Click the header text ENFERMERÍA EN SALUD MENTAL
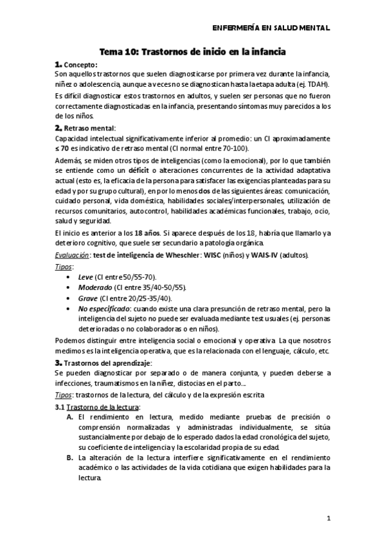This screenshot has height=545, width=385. tap(271, 28)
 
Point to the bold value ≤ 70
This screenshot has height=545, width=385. tap(64, 148)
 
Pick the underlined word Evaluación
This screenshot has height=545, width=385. tap(72, 255)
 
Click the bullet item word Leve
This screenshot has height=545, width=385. tap(85, 276)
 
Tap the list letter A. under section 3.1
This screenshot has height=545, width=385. tap(70, 418)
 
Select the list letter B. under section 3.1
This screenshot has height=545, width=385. tap(70, 458)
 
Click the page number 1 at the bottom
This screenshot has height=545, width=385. tap(328, 517)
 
